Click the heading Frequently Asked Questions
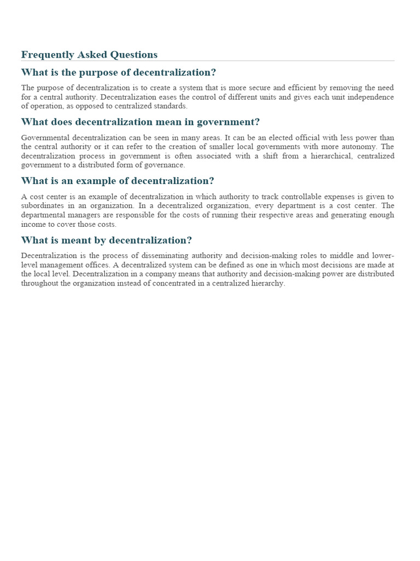(89, 55)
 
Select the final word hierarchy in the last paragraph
(267, 283)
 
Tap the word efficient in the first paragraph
(318, 88)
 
